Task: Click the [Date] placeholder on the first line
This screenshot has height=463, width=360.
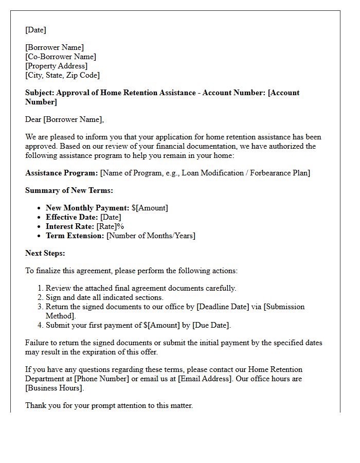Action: coord(35,30)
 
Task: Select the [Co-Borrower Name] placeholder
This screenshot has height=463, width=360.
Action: coord(61,57)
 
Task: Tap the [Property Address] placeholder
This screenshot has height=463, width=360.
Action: coord(56,66)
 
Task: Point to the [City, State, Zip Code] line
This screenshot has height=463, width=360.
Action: coord(62,75)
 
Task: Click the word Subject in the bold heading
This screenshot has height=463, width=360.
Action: coord(39,93)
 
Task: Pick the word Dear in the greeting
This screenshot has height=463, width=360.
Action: coord(33,119)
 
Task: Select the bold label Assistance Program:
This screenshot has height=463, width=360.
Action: coord(61,173)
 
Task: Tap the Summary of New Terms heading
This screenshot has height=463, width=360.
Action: coord(69,190)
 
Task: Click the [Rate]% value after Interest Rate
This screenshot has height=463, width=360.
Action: coord(110,226)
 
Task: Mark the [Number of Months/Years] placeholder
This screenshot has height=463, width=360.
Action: coord(151,236)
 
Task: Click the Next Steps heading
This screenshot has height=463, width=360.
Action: coord(45,253)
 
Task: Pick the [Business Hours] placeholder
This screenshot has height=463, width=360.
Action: coord(54,388)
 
